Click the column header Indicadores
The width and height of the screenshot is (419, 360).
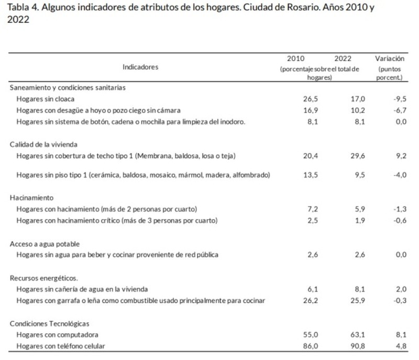pyautogui.click(x=140, y=67)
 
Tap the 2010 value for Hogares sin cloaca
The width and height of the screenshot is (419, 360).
pyautogui.click(x=296, y=99)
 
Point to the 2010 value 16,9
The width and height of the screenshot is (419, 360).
pyautogui.click(x=296, y=110)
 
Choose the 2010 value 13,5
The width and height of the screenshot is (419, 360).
pyautogui.click(x=296, y=175)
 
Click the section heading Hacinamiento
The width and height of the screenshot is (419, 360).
pyautogui.click(x=31, y=198)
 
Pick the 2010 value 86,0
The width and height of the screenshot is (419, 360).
pyautogui.click(x=296, y=346)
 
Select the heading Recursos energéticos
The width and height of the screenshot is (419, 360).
pyautogui.click(x=43, y=278)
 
